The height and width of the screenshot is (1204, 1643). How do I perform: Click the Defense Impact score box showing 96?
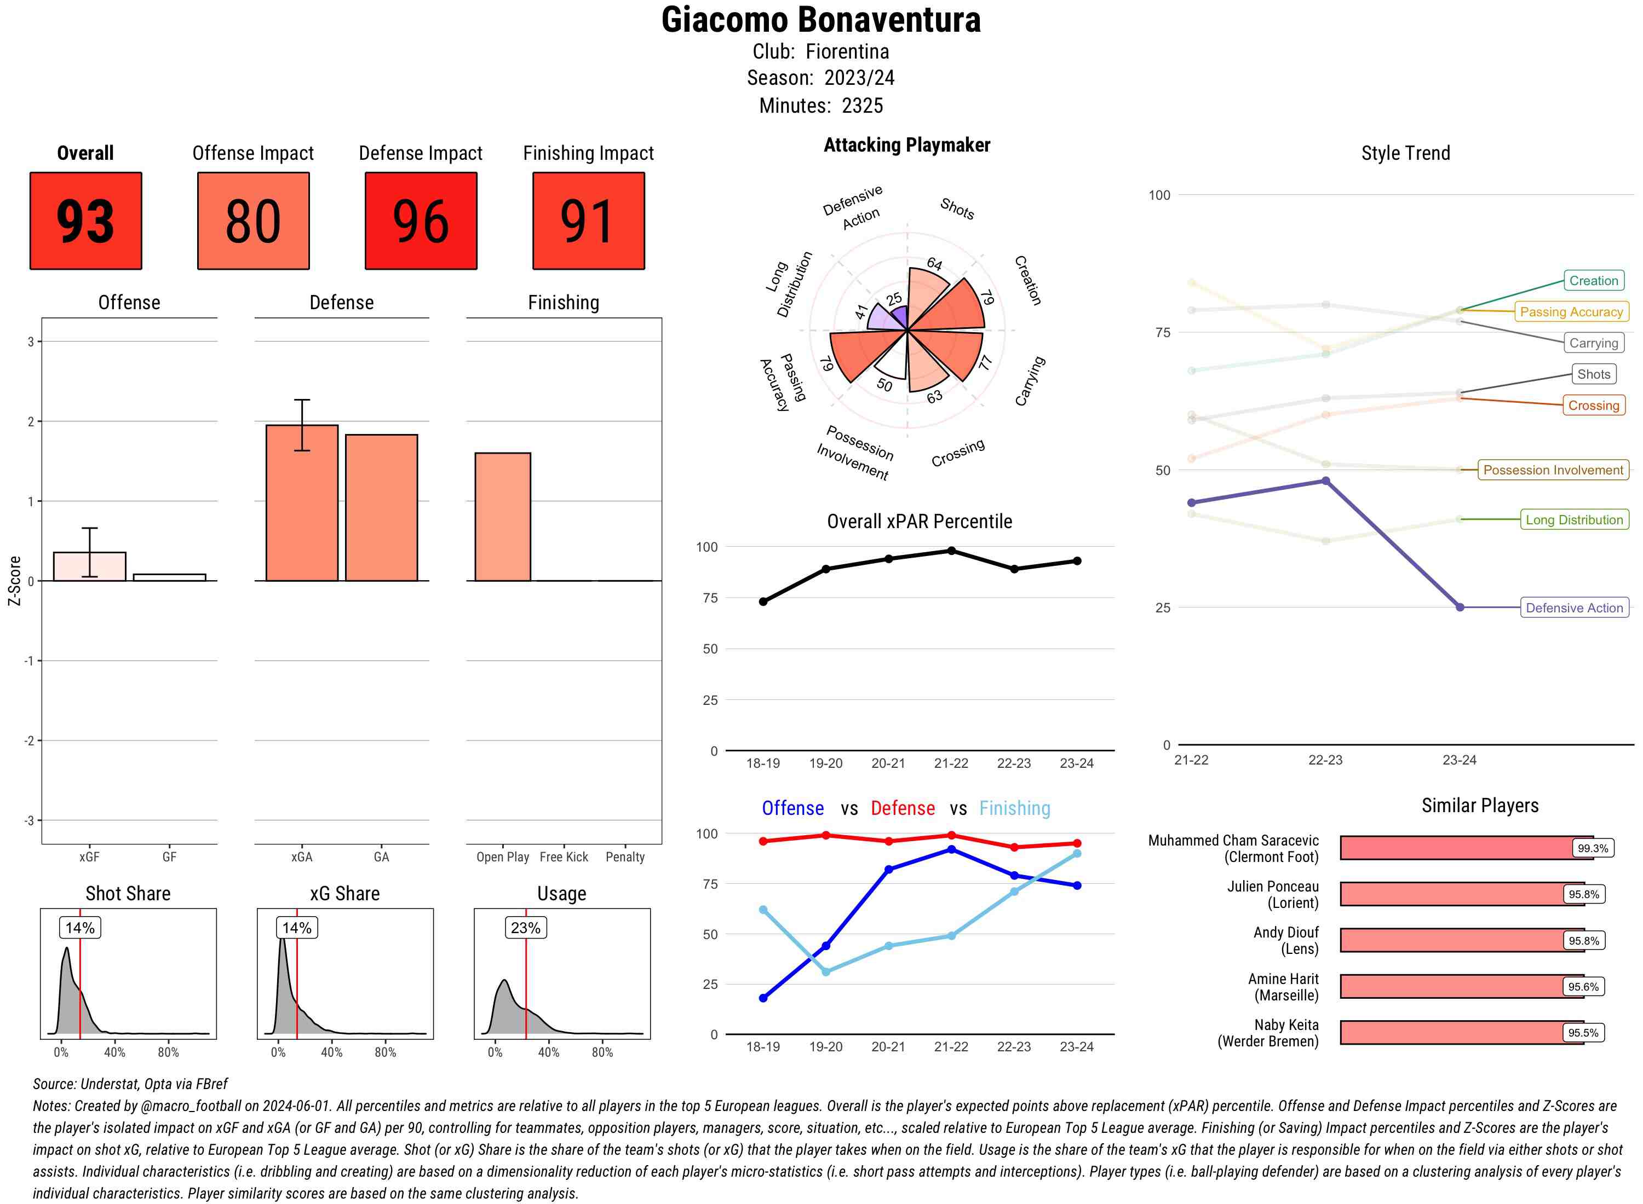421,221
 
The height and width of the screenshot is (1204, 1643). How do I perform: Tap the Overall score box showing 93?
85,221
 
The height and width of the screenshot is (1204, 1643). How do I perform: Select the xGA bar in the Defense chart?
301,503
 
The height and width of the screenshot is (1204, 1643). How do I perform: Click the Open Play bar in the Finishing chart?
502,517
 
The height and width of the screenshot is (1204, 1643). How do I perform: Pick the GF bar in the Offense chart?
169,577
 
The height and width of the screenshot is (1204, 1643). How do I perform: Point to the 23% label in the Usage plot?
525,928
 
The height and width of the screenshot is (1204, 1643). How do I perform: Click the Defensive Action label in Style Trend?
1574,608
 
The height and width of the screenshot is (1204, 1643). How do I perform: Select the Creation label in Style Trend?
1593,281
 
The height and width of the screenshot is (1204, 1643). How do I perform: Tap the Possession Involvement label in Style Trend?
1553,470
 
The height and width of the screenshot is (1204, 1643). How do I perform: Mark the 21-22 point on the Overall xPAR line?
951,551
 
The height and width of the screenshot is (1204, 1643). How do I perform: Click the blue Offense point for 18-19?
763,998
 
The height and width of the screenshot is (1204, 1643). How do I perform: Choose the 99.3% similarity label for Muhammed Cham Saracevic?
1592,848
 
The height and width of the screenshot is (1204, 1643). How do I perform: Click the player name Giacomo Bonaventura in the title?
821,20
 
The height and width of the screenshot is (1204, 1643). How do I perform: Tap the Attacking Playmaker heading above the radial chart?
906,145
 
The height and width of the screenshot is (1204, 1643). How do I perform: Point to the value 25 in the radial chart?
894,299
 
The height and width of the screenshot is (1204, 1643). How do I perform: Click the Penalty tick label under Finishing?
625,857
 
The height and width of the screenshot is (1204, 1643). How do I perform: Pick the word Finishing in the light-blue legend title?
1014,808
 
